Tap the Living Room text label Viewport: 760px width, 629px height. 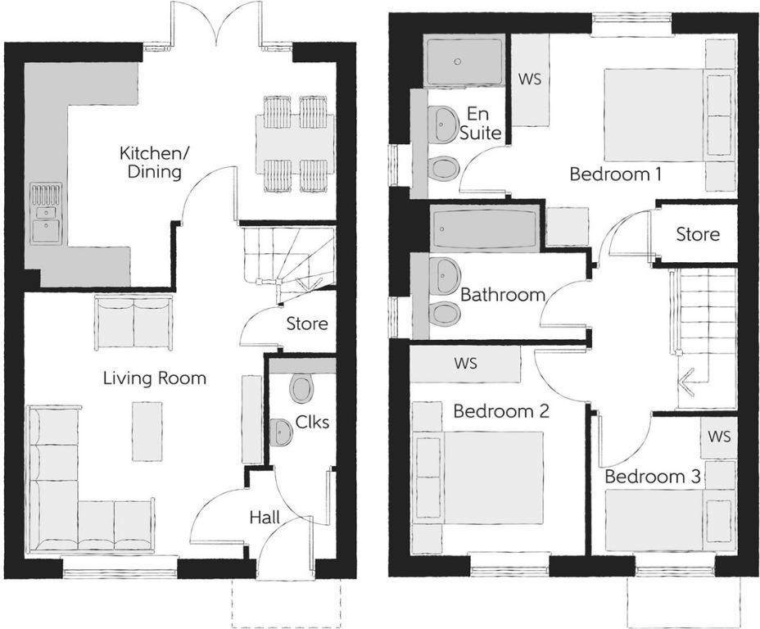click(x=155, y=378)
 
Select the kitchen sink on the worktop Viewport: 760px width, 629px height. click(x=46, y=215)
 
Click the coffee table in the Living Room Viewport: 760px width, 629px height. click(x=147, y=431)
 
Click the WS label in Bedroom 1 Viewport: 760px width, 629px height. click(x=530, y=80)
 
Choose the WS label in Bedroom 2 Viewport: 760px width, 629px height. click(x=465, y=363)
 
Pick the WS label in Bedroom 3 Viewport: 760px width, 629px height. click(x=719, y=437)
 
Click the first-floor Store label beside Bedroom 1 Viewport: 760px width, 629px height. click(x=698, y=234)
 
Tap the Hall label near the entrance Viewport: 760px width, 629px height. click(x=265, y=517)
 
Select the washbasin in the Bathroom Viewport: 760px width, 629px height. click(x=446, y=275)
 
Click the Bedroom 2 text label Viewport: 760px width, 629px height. click(x=500, y=411)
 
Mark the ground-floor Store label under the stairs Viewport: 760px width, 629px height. click(x=307, y=324)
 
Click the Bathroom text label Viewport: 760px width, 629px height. click(x=503, y=294)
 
